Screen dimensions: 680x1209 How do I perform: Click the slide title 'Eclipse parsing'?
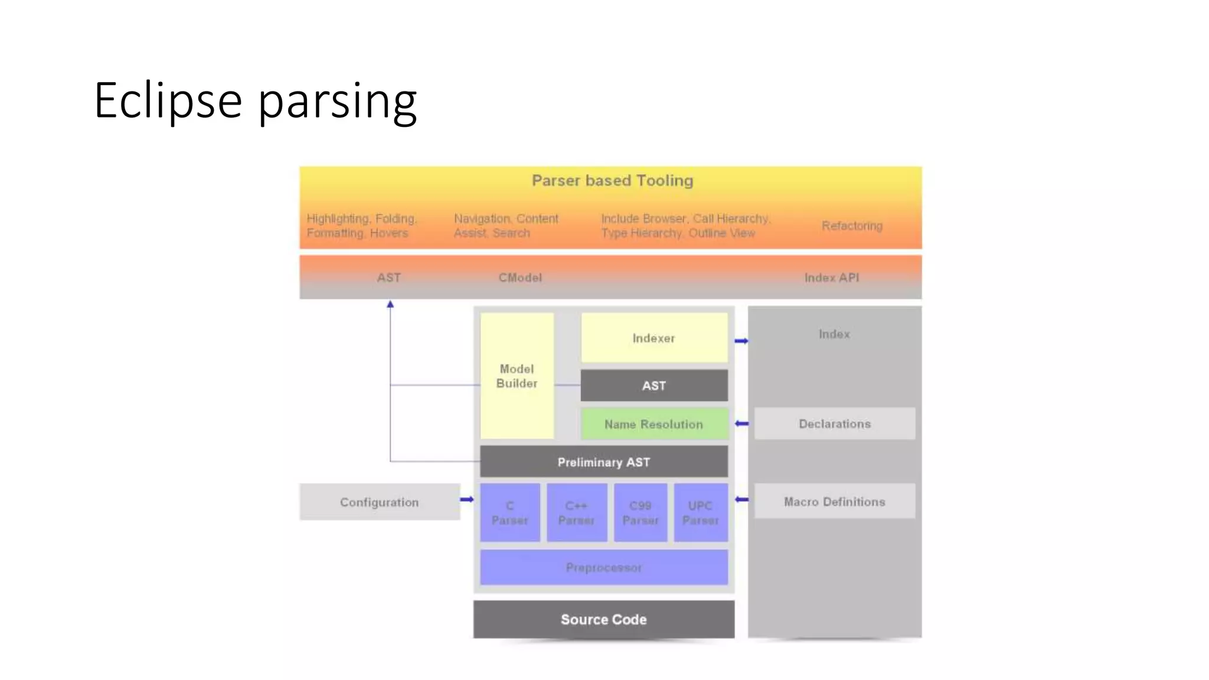tap(255, 100)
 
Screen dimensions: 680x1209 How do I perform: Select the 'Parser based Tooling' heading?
tap(612, 181)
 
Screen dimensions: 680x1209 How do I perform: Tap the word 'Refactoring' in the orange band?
tap(851, 225)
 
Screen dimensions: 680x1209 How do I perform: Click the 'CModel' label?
tap(519, 277)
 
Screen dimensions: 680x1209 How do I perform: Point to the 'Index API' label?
tap(831, 277)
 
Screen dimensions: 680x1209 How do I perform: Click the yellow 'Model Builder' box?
tap(517, 376)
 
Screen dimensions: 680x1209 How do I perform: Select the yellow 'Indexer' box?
tap(653, 338)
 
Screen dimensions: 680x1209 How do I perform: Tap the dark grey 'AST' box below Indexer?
tap(653, 385)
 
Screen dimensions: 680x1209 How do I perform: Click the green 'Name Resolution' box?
tap(653, 424)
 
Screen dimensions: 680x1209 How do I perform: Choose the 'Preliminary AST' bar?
tap(603, 462)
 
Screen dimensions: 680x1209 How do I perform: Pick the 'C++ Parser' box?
tap(576, 512)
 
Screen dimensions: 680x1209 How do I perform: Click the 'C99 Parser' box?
tap(640, 512)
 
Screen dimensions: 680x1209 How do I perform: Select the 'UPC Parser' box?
tap(700, 512)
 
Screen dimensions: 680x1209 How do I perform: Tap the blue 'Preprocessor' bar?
tap(603, 567)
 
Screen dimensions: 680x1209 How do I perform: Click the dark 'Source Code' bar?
tap(603, 619)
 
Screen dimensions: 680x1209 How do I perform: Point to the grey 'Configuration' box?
tap(379, 502)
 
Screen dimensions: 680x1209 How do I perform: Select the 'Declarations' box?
tap(834, 423)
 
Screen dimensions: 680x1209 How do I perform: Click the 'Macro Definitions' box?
tap(834, 501)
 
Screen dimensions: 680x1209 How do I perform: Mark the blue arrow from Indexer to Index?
tap(741, 341)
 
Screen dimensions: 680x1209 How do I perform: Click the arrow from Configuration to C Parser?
tap(467, 499)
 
